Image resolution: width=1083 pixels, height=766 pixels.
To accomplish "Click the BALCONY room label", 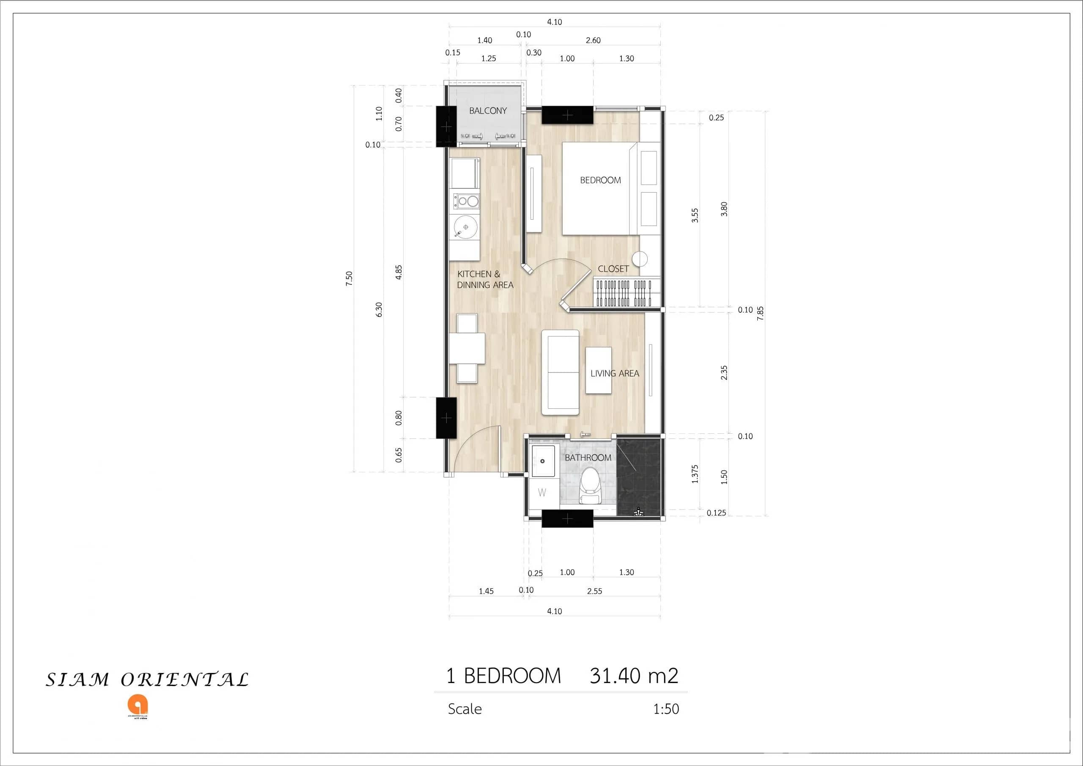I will tap(488, 111).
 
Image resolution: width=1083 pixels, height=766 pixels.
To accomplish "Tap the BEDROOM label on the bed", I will tap(600, 180).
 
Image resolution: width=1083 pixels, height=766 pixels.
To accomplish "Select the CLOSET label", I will tap(613, 269).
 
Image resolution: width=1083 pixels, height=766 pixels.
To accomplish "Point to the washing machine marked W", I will tap(542, 493).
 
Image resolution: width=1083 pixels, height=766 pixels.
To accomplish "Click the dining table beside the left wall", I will tap(467, 348).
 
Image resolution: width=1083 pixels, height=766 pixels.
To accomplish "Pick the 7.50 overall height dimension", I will tap(349, 278).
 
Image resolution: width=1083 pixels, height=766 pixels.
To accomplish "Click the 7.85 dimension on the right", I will tap(760, 314).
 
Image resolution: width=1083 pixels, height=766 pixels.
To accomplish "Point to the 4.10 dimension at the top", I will tap(554, 22).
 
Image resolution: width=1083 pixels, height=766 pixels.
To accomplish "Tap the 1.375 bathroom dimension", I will tap(695, 474).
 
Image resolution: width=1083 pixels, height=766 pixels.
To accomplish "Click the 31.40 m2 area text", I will tap(633, 676).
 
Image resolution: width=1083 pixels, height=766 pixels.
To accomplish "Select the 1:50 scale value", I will tap(665, 709).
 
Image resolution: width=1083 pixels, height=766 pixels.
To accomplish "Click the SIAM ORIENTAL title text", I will tap(147, 680).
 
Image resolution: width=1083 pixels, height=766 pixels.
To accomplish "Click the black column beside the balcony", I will tap(446, 127).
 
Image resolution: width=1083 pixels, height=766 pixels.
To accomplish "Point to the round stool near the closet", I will tap(640, 259).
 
